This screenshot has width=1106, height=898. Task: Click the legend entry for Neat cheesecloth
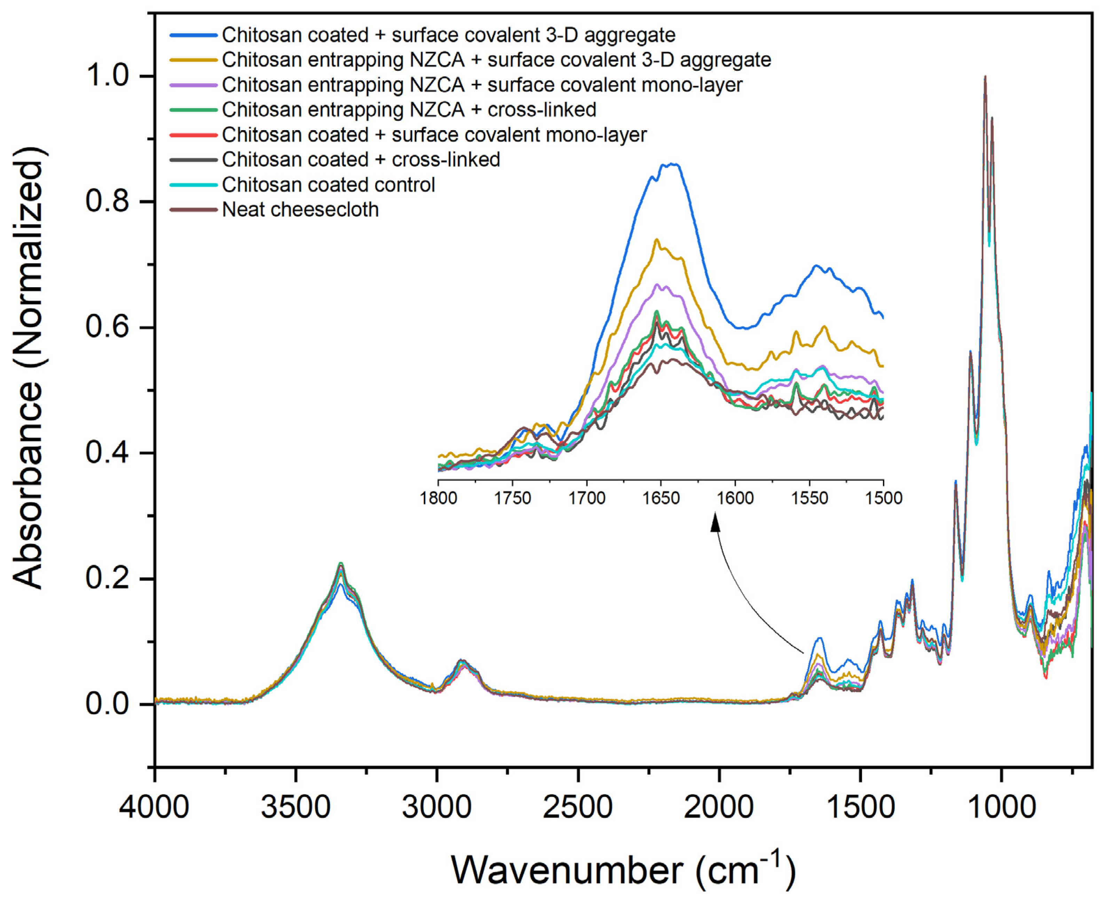point(300,210)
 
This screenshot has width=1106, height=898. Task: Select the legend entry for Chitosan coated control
point(328,185)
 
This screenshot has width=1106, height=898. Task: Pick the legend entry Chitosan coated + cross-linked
point(361,160)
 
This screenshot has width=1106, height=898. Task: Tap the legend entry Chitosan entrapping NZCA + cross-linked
point(409,110)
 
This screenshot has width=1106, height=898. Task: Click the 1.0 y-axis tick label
point(108,76)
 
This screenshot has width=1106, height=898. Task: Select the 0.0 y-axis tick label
point(108,704)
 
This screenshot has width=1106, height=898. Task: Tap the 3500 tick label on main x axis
point(295,807)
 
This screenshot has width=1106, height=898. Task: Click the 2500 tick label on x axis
point(578,807)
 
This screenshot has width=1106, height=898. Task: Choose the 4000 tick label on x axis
point(154,807)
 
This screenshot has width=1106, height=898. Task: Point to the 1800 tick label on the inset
point(439,498)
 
